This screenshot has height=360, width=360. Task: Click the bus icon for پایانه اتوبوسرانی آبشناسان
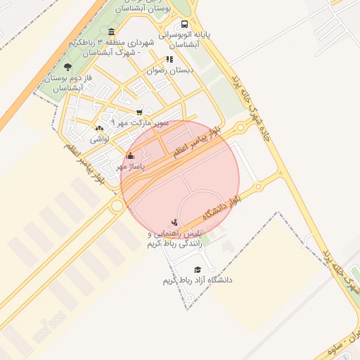[x=184, y=23]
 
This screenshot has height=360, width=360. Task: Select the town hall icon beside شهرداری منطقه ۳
[x=111, y=31]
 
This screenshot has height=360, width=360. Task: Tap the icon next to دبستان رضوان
[x=169, y=60]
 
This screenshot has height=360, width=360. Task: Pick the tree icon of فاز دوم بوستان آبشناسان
[x=67, y=67]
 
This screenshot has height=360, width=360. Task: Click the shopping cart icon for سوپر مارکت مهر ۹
[x=139, y=112]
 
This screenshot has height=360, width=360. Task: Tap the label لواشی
[x=99, y=139]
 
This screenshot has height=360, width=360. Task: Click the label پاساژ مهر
[x=130, y=167]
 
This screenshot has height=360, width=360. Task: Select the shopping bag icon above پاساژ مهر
[x=130, y=155]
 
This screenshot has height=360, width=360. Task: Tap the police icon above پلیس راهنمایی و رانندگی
[x=175, y=222]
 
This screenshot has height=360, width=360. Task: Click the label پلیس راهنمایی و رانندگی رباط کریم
[x=174, y=239]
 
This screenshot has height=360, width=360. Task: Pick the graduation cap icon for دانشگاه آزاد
[x=198, y=269]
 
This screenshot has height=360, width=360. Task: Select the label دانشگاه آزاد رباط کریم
[x=198, y=281]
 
